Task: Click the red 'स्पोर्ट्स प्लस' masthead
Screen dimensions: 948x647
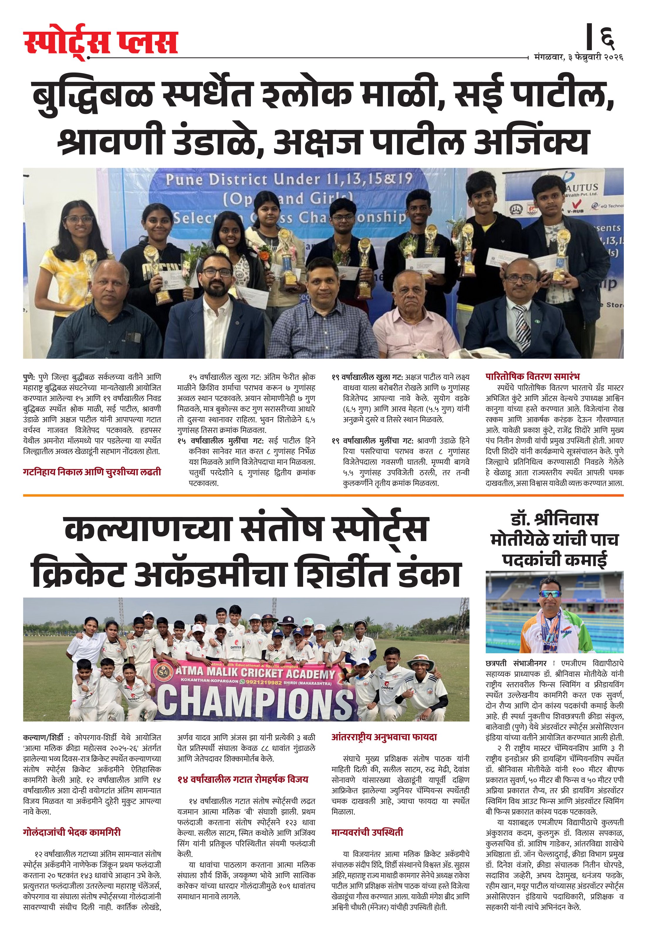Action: pos(100,42)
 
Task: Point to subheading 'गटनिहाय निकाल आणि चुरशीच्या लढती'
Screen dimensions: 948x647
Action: pos(92,472)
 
